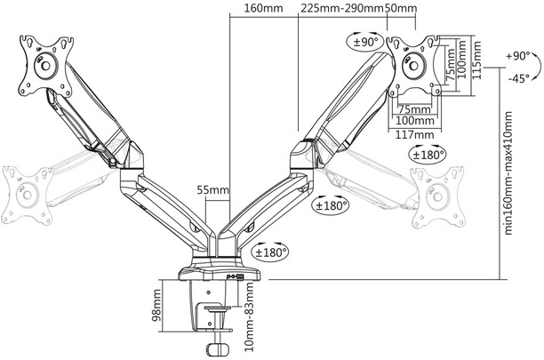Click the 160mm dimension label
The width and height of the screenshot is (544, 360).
point(263,8)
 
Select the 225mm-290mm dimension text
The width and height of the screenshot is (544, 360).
point(341,8)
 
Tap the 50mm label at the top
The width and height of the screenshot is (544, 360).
point(402,8)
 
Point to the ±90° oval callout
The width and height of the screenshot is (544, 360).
point(365,42)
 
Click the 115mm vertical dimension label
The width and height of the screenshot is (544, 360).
point(477,60)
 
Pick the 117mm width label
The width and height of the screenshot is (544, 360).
point(414,134)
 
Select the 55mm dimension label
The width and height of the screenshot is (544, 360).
point(213,189)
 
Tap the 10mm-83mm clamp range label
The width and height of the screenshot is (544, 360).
point(249,316)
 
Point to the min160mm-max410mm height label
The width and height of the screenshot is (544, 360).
point(508,172)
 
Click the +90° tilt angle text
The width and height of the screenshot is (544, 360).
point(517,56)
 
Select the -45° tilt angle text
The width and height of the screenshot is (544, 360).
point(518,78)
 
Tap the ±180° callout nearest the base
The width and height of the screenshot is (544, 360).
point(272,252)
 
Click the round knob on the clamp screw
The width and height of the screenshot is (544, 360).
point(219,348)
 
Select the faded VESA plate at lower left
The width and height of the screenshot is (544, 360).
point(27,196)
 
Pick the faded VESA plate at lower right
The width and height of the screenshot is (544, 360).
point(438,196)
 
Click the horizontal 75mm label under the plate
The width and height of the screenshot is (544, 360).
point(414,109)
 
